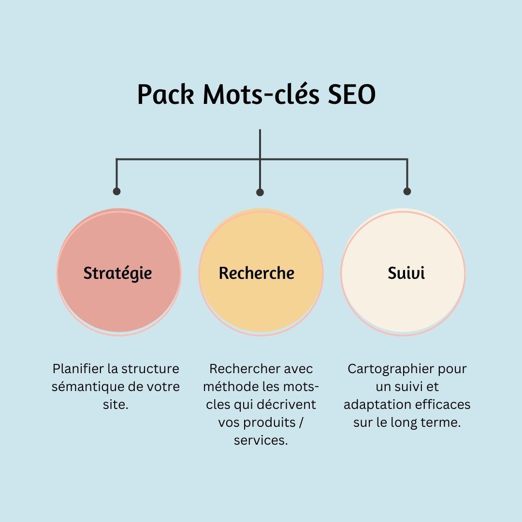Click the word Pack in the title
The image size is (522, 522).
[166, 94]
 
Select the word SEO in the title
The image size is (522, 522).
[351, 94]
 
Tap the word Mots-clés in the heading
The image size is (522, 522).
[261, 94]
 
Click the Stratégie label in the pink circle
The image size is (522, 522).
[117, 273]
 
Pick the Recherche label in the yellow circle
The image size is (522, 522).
[256, 273]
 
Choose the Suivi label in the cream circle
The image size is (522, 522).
[406, 273]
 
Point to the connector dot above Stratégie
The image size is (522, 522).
[116, 191]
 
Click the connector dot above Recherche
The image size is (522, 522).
[260, 192]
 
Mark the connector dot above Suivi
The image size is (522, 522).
[407, 191]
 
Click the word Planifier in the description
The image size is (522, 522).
[78, 369]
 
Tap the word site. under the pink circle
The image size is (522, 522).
[116, 405]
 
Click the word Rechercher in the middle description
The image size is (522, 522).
[245, 369]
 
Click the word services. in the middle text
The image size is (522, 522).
[261, 440]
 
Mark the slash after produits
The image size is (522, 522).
[301, 422]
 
